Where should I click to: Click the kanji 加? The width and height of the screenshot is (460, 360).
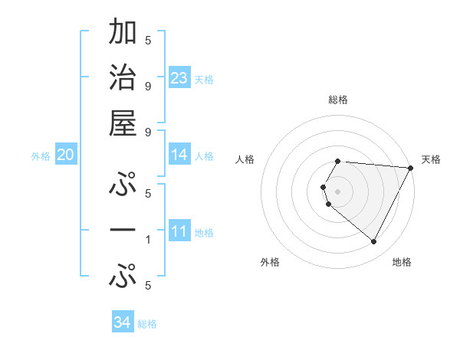coord(123,34)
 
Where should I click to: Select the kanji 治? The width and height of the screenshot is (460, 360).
coord(123,79)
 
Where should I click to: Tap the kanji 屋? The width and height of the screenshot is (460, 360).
coord(123,123)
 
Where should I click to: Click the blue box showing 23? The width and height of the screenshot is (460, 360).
coord(179,77)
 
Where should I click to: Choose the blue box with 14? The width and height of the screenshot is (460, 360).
coord(179,155)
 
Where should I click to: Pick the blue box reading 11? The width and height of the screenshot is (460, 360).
coord(179,231)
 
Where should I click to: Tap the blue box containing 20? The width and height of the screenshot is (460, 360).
coord(65,155)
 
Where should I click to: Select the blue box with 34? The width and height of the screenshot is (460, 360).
coord(123,322)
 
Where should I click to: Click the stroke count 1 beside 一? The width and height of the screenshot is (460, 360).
coord(148,240)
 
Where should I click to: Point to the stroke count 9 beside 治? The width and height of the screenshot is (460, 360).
coord(148,86)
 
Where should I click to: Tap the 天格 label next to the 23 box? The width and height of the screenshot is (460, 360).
coord(204,79)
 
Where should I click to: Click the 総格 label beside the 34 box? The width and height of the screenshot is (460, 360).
coord(147,324)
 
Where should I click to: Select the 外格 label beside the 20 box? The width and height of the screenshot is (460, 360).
coord(41,156)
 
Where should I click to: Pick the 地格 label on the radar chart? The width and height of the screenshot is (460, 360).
coord(402,262)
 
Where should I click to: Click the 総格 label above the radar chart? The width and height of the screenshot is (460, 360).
coord(338,100)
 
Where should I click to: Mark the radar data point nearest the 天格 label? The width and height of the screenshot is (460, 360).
coord(411,168)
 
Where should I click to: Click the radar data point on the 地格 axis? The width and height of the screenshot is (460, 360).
coord(374,242)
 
